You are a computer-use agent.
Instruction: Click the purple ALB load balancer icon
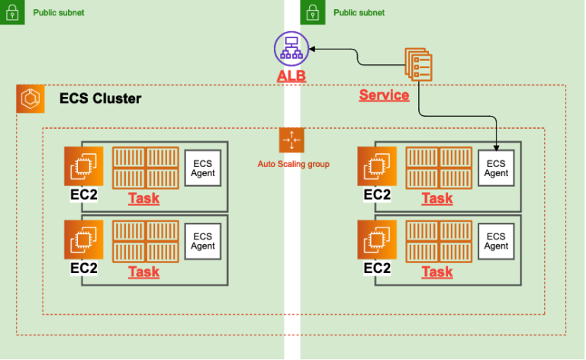coord(291,50)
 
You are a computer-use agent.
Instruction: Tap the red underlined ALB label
coord(291,78)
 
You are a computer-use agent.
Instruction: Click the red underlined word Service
coord(384,95)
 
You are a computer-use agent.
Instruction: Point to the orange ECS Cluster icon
coord(31,99)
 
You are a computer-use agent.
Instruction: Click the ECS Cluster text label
coord(100,99)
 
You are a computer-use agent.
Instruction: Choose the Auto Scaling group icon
coord(292,141)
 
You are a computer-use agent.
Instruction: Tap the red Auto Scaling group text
coord(293,164)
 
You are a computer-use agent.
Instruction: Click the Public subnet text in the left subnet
coord(59,13)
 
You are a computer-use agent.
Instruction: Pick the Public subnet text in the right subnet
coord(359,13)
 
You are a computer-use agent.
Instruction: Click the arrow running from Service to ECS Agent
coord(458,116)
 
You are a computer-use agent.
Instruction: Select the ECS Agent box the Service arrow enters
coord(496,168)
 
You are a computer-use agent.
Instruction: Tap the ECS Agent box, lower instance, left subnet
coord(203,241)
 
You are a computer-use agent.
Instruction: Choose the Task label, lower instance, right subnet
coord(437,272)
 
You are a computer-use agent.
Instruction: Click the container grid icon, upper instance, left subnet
coord(146,167)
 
